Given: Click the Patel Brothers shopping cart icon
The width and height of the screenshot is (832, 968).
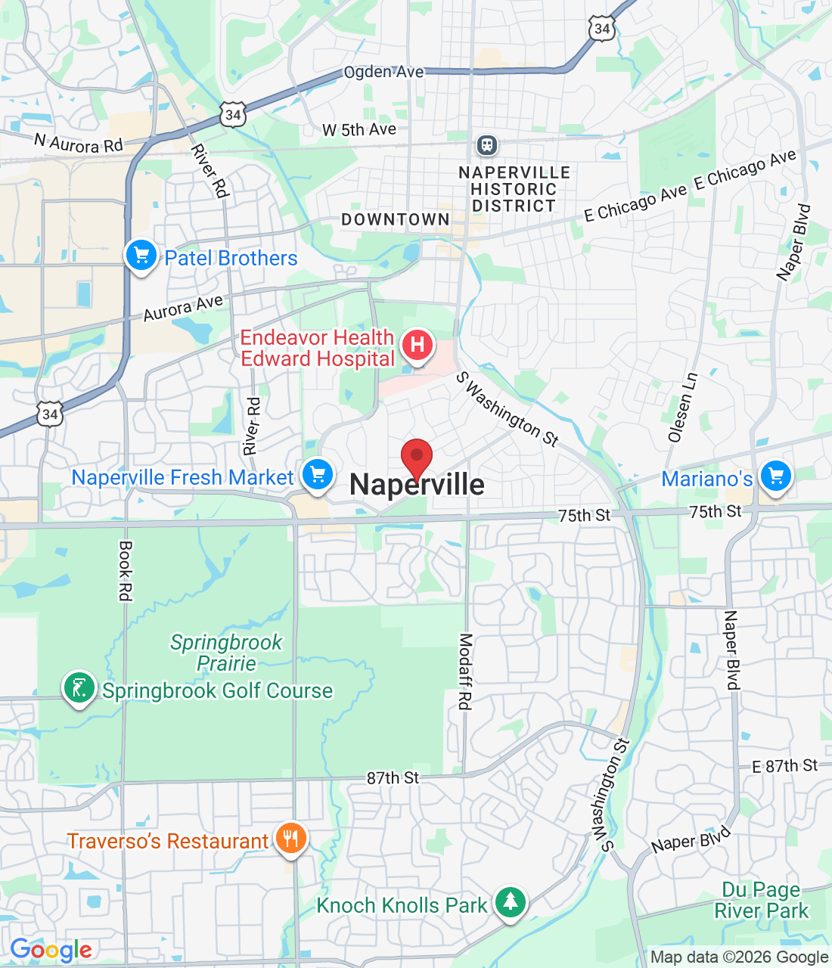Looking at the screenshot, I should [x=141, y=256].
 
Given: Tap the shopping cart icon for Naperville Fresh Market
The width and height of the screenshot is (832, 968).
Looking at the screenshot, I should [x=318, y=475].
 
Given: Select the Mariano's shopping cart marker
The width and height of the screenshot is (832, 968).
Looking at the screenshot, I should [x=776, y=476].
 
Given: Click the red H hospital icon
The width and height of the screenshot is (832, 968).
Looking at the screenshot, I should [x=417, y=346].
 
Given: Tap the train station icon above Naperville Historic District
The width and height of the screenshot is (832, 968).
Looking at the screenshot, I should [x=486, y=144].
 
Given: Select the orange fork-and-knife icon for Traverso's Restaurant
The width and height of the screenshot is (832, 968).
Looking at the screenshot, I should [x=290, y=839].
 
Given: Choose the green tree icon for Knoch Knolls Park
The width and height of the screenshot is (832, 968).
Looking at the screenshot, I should [x=511, y=901].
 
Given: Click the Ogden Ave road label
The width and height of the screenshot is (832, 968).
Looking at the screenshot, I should [x=383, y=72].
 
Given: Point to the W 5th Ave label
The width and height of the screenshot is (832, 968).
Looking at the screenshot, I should [x=359, y=130].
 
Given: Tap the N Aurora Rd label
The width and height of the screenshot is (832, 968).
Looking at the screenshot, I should [x=78, y=143].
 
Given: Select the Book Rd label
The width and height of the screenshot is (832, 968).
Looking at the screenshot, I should [x=126, y=571].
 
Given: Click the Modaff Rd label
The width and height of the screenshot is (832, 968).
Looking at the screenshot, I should [x=465, y=672].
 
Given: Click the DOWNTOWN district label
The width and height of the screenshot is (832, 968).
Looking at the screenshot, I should [x=396, y=219].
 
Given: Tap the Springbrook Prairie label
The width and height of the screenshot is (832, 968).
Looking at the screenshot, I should [x=226, y=653].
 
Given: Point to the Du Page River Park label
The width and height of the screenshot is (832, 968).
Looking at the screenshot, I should [x=761, y=900].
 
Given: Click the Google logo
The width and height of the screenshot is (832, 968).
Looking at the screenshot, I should [x=51, y=950].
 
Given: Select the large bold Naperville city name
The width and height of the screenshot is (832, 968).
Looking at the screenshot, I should [x=417, y=485].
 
